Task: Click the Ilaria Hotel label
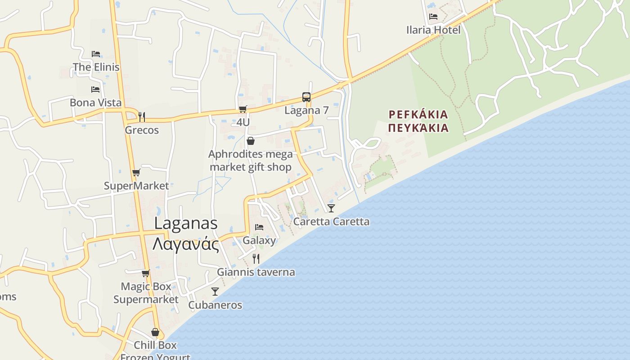pos(433,30)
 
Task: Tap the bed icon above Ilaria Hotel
pos(433,17)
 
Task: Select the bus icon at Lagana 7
pos(306,97)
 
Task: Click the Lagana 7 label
pos(306,110)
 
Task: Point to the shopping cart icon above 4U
pos(243,109)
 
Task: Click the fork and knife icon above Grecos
pos(142,117)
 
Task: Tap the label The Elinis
pos(96,67)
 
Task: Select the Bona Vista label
pos(95,103)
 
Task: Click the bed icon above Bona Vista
pos(95,90)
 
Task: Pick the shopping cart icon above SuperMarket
pos(136,173)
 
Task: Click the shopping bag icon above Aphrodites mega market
pos(251,141)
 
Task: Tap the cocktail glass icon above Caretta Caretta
pos(331,208)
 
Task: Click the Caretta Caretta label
pos(331,221)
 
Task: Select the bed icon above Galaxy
pos(259,227)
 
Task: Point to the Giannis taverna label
pos(256,272)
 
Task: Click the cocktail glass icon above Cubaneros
pos(215,292)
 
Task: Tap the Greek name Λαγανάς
pos(186,244)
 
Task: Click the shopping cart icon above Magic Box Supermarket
pos(145,273)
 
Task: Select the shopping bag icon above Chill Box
pos(155,333)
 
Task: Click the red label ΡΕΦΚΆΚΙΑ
pos(418,114)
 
